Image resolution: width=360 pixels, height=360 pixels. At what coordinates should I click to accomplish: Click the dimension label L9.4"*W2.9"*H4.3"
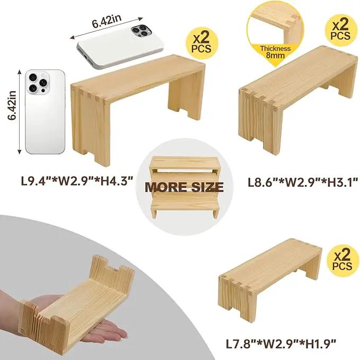pos(77,180)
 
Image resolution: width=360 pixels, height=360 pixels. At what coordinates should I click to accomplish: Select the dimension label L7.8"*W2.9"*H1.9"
pos(281,344)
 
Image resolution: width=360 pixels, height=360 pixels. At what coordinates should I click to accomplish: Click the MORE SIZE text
pos(184,187)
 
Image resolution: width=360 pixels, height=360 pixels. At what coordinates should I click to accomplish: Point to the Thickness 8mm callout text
pos(275,52)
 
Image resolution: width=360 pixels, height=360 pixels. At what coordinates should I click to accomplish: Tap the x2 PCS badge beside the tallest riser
pos(201,43)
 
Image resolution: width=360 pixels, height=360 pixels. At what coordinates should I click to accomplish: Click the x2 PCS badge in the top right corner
pos(341,30)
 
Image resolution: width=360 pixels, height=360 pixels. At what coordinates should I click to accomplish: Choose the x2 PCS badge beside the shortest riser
pos(342,260)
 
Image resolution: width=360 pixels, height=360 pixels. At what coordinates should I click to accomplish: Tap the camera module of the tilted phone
pos(141,31)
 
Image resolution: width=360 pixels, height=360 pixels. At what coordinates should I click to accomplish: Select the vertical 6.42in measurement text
pos(12,106)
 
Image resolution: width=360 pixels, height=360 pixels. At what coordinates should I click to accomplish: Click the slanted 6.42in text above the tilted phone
pos(106,21)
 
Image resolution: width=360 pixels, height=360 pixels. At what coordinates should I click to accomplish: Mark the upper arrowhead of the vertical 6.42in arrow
pos(19,72)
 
